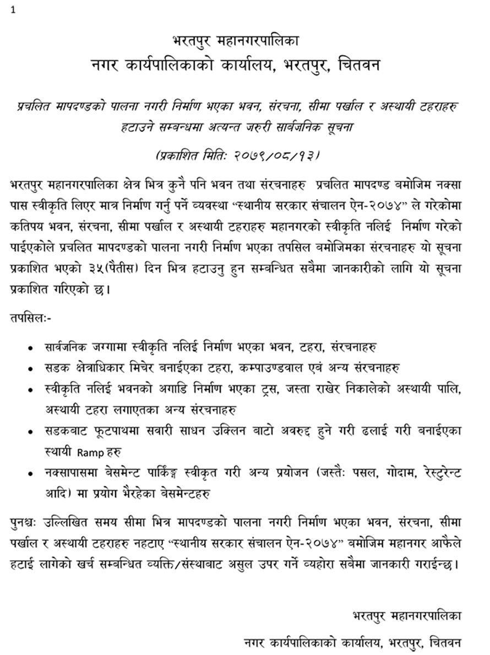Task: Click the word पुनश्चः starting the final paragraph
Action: pos(26,522)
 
